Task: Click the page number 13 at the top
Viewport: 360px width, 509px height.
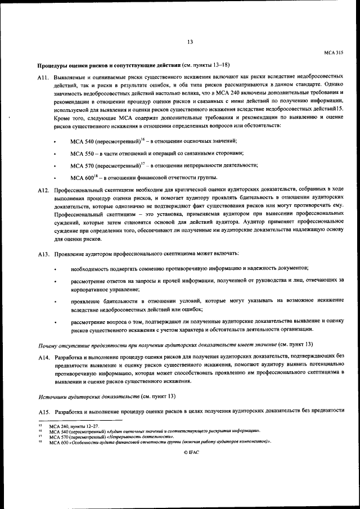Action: pyautogui.click(x=190, y=42)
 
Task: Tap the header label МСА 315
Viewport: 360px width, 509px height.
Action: pyautogui.click(x=334, y=52)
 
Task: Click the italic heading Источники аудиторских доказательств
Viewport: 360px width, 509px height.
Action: pyautogui.click(x=88, y=397)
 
